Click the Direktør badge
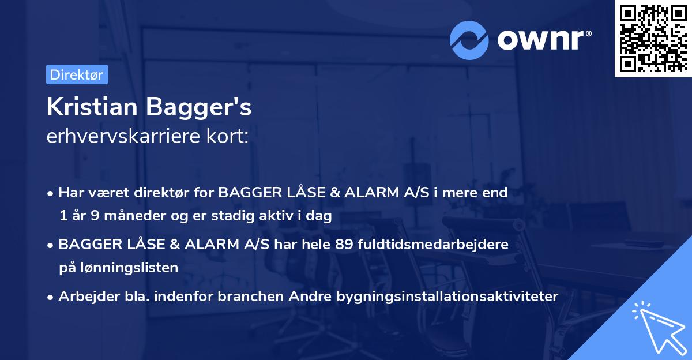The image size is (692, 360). [x=77, y=74]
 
